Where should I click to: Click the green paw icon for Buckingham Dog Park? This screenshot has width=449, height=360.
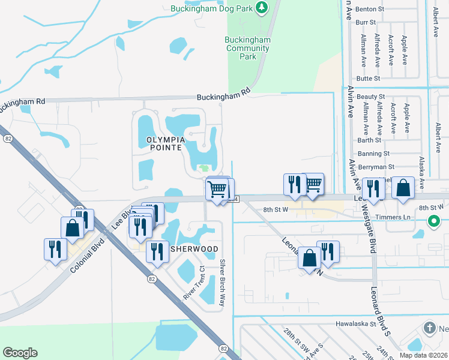pos(261,7)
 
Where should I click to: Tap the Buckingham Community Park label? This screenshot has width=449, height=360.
pos(247,48)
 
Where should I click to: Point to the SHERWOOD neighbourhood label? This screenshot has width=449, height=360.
pos(194,248)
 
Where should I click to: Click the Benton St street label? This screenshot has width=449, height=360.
pos(369,9)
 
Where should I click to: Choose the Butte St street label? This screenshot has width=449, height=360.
pos(368,79)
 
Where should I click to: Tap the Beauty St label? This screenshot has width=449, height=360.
pos(370,97)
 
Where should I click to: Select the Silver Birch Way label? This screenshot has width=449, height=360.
pos(222,283)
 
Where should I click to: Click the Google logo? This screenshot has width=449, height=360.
pos(20,353)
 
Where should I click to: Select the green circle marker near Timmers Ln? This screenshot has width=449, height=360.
pos(434,221)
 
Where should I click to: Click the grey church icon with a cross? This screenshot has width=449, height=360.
pos(429,328)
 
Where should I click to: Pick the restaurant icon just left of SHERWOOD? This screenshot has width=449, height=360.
pos(157,252)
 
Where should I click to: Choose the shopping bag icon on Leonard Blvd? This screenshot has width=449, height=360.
pos(310,258)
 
